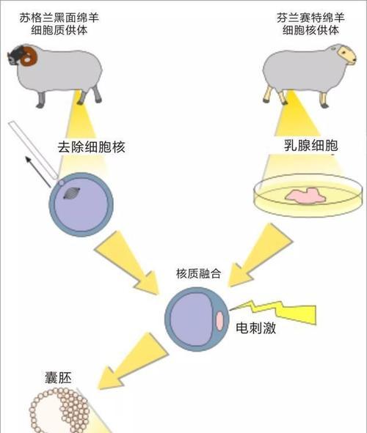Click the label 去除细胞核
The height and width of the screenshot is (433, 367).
[91, 147]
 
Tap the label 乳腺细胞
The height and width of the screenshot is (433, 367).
[311, 145]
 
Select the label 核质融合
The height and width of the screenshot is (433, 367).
[199, 274]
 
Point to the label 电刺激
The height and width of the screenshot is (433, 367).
[256, 328]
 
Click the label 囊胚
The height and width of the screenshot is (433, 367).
[58, 378]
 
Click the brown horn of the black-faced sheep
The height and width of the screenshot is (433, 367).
[29, 56]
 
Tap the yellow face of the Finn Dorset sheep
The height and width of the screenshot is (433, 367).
[347, 55]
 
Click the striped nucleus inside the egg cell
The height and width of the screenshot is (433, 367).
[72, 193]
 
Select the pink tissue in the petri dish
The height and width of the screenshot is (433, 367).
[305, 196]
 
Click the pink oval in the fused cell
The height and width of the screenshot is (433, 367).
[219, 321]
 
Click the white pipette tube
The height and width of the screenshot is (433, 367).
[34, 150]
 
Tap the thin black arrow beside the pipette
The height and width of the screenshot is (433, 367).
[38, 171]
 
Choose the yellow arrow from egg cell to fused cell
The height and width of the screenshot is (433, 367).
[127, 263]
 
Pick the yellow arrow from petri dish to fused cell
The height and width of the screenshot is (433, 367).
[259, 256]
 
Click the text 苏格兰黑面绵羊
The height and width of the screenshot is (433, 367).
[59, 18]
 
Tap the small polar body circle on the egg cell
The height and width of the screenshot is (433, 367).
[62, 182]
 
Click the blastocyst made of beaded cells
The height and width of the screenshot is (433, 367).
[59, 410]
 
